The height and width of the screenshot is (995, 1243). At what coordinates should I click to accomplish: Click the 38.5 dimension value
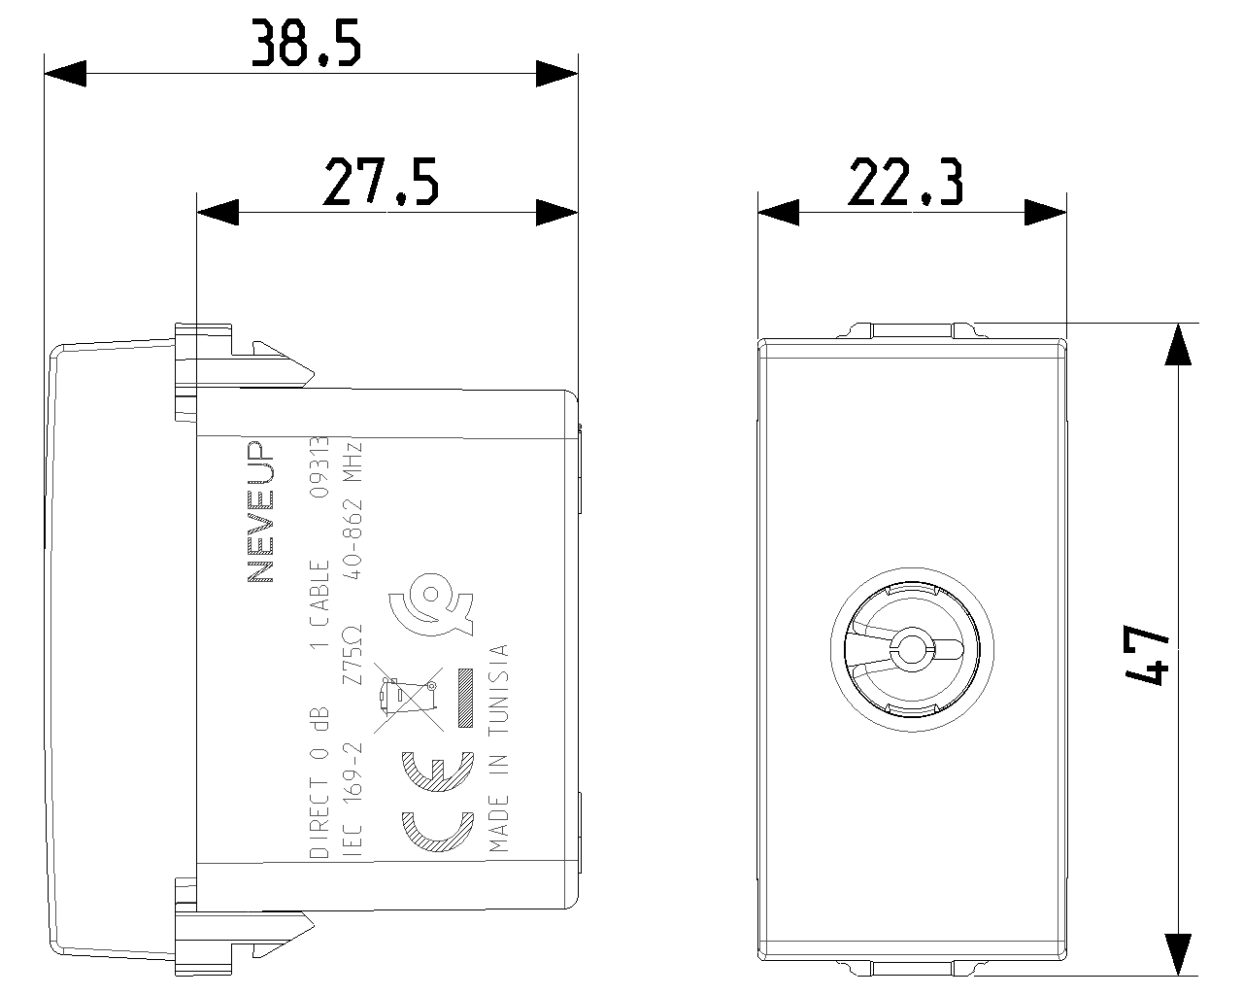[x=307, y=43]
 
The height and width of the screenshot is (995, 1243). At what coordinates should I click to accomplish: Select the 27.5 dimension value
[x=382, y=182]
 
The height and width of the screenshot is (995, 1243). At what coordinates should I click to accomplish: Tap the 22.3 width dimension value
[x=906, y=182]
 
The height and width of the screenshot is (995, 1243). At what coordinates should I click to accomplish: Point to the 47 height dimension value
[x=1148, y=655]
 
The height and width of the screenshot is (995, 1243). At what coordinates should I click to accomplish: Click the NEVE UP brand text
[x=260, y=512]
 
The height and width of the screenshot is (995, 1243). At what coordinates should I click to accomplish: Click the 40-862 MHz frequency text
[x=352, y=511]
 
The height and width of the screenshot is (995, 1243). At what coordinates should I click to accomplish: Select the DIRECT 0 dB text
[x=319, y=781]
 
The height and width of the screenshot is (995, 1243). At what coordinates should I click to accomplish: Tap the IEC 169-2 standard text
[x=352, y=799]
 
